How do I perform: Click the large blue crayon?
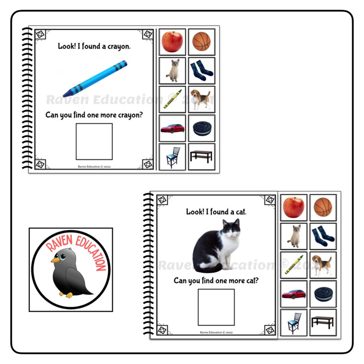click(95, 79)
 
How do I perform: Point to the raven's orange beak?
click(55, 260)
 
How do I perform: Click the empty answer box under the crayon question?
click(94, 141)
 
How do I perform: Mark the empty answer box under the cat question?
click(216, 307)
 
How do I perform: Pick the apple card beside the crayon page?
click(172, 42)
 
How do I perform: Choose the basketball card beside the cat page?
click(323, 207)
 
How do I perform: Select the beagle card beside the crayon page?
click(201, 99)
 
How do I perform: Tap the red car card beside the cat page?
click(293, 293)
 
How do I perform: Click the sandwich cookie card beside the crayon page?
click(201, 128)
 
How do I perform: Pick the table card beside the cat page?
click(323, 322)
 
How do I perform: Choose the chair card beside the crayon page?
click(172, 156)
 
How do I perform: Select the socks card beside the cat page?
click(323, 236)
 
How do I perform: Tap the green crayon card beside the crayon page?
click(172, 99)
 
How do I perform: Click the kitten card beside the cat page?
click(293, 236)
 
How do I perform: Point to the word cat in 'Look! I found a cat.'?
click(240, 212)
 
